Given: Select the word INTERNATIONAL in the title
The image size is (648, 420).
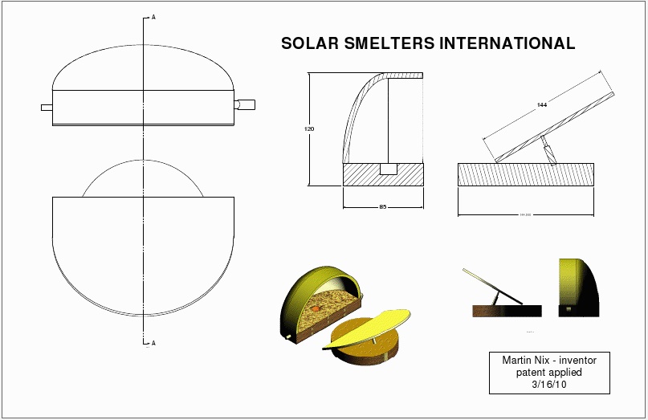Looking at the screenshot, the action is point(507,44).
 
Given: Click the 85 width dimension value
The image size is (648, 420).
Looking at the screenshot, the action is point(383,207).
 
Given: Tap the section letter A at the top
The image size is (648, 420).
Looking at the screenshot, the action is point(153,16).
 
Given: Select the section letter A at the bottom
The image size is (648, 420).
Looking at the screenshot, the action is point(153,343).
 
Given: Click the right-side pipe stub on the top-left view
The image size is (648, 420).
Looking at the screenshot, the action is point(245,104).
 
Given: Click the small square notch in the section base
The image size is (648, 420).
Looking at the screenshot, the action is point(388,169).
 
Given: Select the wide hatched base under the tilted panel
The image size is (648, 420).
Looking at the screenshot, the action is point(526,175).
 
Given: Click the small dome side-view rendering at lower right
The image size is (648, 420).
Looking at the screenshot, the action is point(577,286).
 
